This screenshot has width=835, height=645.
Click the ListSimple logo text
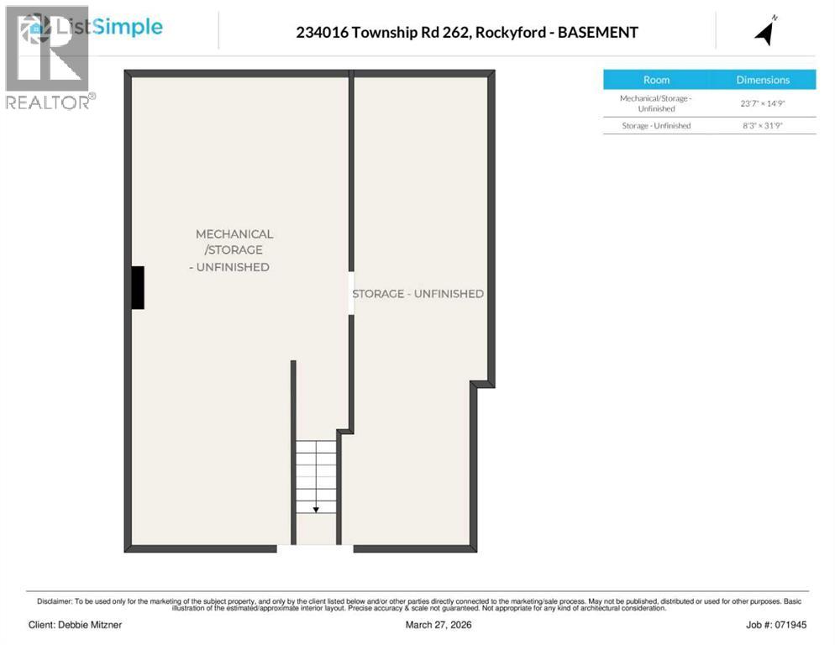[108, 27]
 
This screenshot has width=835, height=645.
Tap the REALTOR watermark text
[47, 102]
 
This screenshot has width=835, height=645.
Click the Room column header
[656, 80]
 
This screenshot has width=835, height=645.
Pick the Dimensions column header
[763, 80]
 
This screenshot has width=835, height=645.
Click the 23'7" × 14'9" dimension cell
[763, 103]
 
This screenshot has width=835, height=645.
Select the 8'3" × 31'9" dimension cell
[763, 126]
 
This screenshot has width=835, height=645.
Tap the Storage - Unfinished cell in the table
[656, 126]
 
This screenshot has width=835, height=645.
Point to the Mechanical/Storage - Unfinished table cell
[656, 103]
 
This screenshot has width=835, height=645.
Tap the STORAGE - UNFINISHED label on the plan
[417, 294]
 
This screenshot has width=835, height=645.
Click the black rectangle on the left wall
[137, 287]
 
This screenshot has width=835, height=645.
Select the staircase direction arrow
[316, 507]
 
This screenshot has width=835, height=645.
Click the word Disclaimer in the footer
[55, 601]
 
